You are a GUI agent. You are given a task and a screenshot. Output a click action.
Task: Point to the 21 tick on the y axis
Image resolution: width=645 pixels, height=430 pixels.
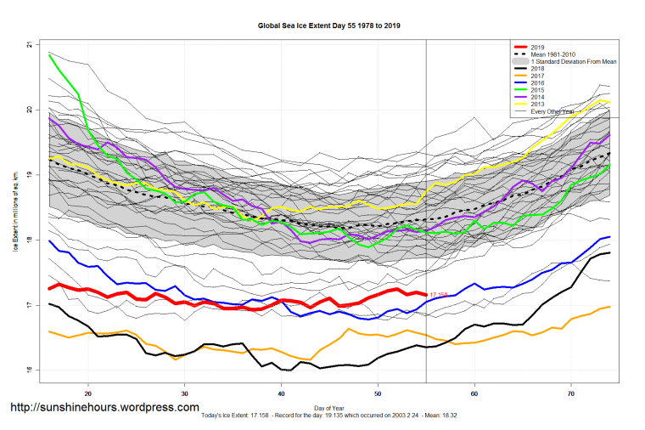coord(29,44)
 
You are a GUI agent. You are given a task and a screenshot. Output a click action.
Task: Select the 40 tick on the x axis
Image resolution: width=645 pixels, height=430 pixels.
coord(282,394)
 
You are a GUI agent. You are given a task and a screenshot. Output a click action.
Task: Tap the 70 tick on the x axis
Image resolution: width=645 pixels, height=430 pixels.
coord(572,394)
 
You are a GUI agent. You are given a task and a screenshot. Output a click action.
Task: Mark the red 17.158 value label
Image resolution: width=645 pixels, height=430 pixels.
coord(440,295)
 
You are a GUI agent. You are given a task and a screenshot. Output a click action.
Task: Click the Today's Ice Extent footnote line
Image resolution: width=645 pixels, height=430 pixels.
coord(331,416)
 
